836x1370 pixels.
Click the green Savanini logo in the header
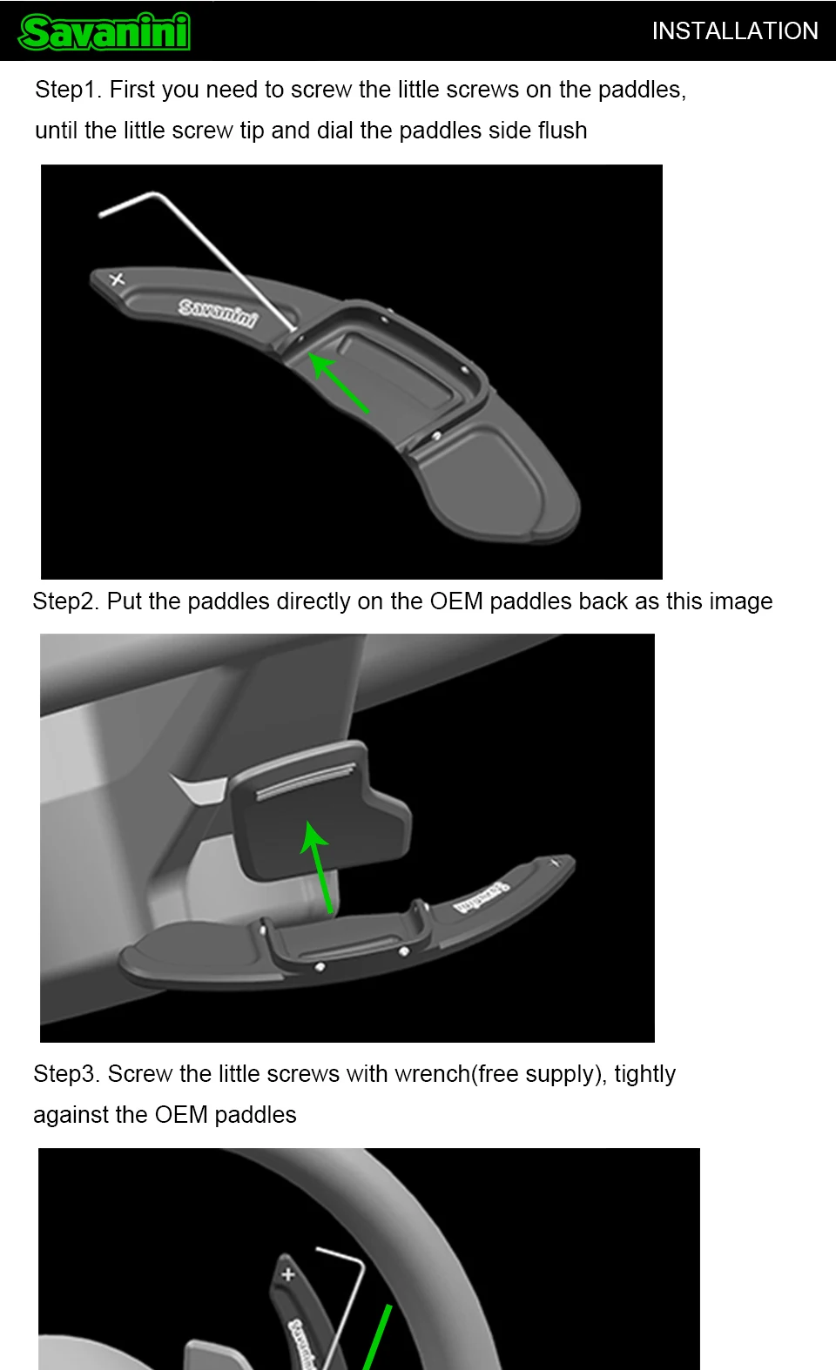104,32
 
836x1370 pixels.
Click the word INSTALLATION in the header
735,30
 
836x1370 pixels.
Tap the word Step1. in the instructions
68,90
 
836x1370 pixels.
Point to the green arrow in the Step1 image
338,382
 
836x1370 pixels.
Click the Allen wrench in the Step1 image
197,262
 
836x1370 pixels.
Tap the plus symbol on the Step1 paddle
117,279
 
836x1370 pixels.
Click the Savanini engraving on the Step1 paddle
217,313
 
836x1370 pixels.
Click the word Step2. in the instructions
65,601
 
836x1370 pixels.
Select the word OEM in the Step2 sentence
456,601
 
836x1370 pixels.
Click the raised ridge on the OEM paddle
306,781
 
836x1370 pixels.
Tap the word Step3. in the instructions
67,1074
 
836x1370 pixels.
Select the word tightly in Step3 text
645,1074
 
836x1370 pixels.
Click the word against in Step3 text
71,1115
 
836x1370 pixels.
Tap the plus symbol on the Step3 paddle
287,1274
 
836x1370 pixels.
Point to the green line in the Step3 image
377,1338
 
